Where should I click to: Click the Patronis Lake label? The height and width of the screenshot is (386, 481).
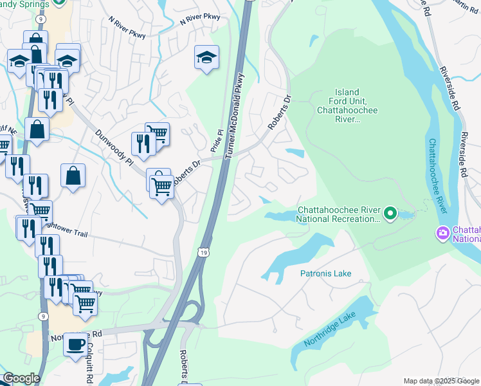(325, 273)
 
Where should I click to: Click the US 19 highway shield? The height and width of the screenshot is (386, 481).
(203, 246)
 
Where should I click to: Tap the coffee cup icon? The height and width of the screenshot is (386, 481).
(75, 344)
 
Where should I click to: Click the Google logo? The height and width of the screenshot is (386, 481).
(21, 378)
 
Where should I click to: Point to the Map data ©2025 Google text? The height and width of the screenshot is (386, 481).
(440, 381)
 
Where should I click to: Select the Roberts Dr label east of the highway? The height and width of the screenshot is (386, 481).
(280, 113)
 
